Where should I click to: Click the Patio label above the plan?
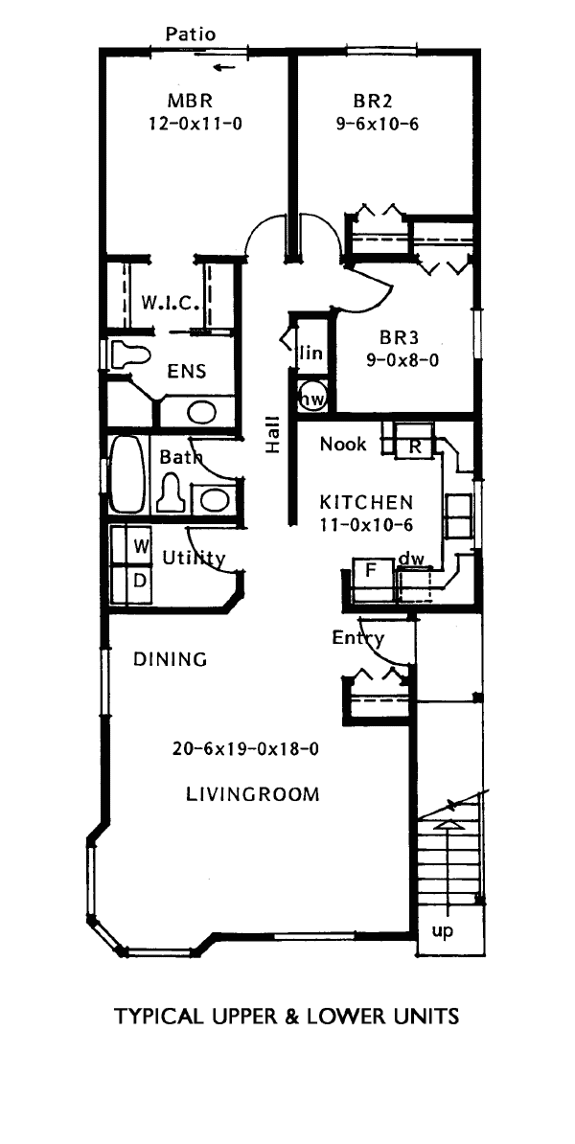(x=191, y=34)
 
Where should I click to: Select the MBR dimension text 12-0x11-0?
(x=195, y=124)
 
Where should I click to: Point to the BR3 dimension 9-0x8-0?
(x=399, y=359)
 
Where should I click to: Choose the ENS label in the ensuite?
(x=187, y=372)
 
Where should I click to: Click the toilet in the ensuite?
(x=130, y=355)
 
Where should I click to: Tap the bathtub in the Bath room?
(x=128, y=474)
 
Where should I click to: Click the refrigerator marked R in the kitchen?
(x=414, y=446)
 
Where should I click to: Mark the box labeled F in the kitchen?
(x=369, y=571)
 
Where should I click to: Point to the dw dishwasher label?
(x=411, y=560)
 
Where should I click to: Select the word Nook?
(x=344, y=444)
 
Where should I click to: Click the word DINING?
(x=171, y=659)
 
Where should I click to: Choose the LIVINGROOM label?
(x=252, y=793)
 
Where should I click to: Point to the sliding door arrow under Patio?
(x=226, y=69)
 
